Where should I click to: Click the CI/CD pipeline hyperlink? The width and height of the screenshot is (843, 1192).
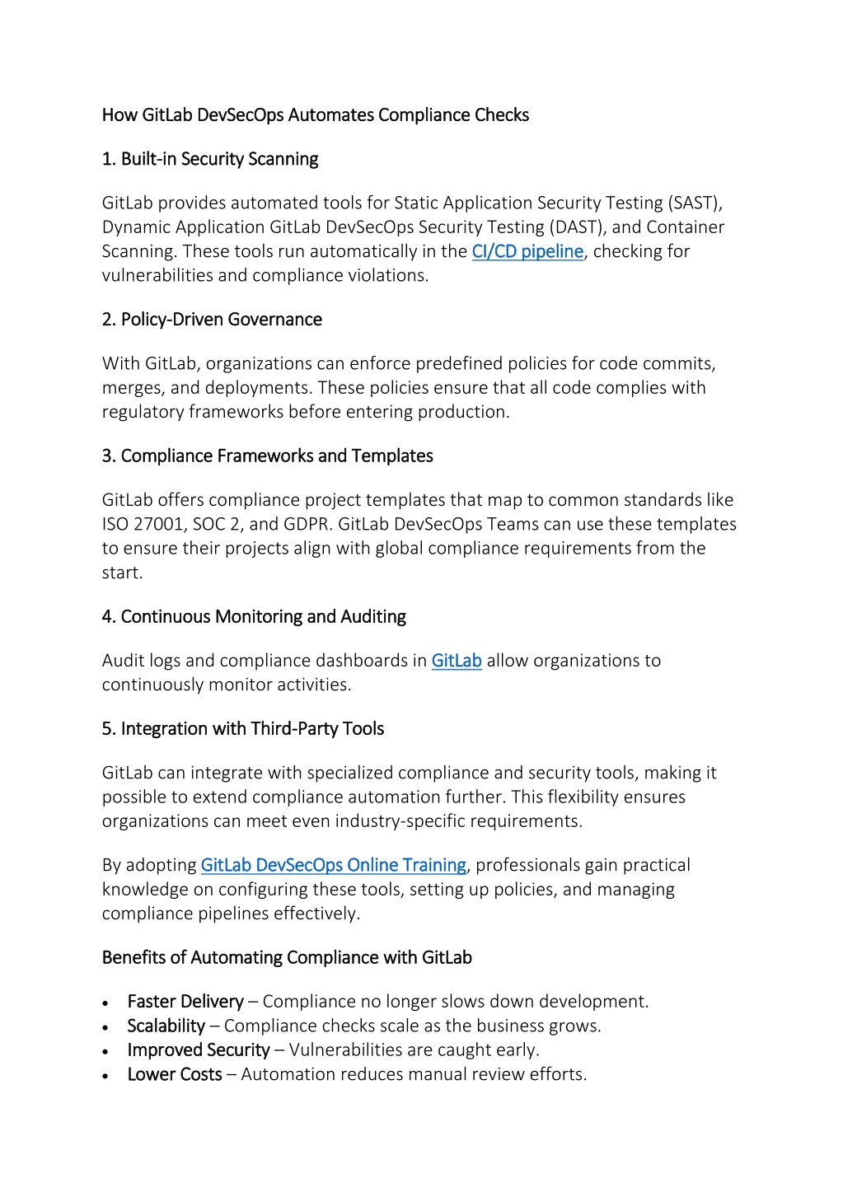click(527, 251)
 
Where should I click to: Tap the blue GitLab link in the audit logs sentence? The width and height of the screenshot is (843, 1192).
click(457, 661)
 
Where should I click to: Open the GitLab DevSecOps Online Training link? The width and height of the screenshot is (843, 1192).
click(334, 865)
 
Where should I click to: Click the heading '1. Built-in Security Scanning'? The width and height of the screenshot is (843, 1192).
click(210, 159)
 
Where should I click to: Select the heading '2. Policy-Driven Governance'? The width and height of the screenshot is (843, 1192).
click(212, 320)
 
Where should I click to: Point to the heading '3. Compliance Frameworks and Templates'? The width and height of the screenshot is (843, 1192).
click(267, 456)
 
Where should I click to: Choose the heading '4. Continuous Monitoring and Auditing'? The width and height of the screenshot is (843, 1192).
click(254, 617)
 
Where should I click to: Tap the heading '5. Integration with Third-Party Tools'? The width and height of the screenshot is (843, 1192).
click(243, 729)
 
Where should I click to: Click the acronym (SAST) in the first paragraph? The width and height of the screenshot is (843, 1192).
click(695, 203)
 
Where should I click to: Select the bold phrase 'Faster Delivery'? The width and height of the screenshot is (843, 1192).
click(185, 1002)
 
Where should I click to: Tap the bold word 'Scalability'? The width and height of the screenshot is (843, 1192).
click(166, 1026)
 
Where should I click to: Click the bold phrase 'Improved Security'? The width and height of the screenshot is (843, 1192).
click(199, 1050)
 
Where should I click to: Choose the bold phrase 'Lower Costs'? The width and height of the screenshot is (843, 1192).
click(175, 1074)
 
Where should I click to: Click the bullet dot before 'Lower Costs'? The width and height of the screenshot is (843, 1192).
click(105, 1076)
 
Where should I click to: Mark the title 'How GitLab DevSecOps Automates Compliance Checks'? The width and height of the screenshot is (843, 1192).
click(316, 115)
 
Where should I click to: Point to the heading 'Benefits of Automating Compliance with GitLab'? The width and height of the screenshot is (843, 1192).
click(287, 958)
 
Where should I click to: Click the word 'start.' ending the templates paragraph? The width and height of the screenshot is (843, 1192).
click(122, 573)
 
